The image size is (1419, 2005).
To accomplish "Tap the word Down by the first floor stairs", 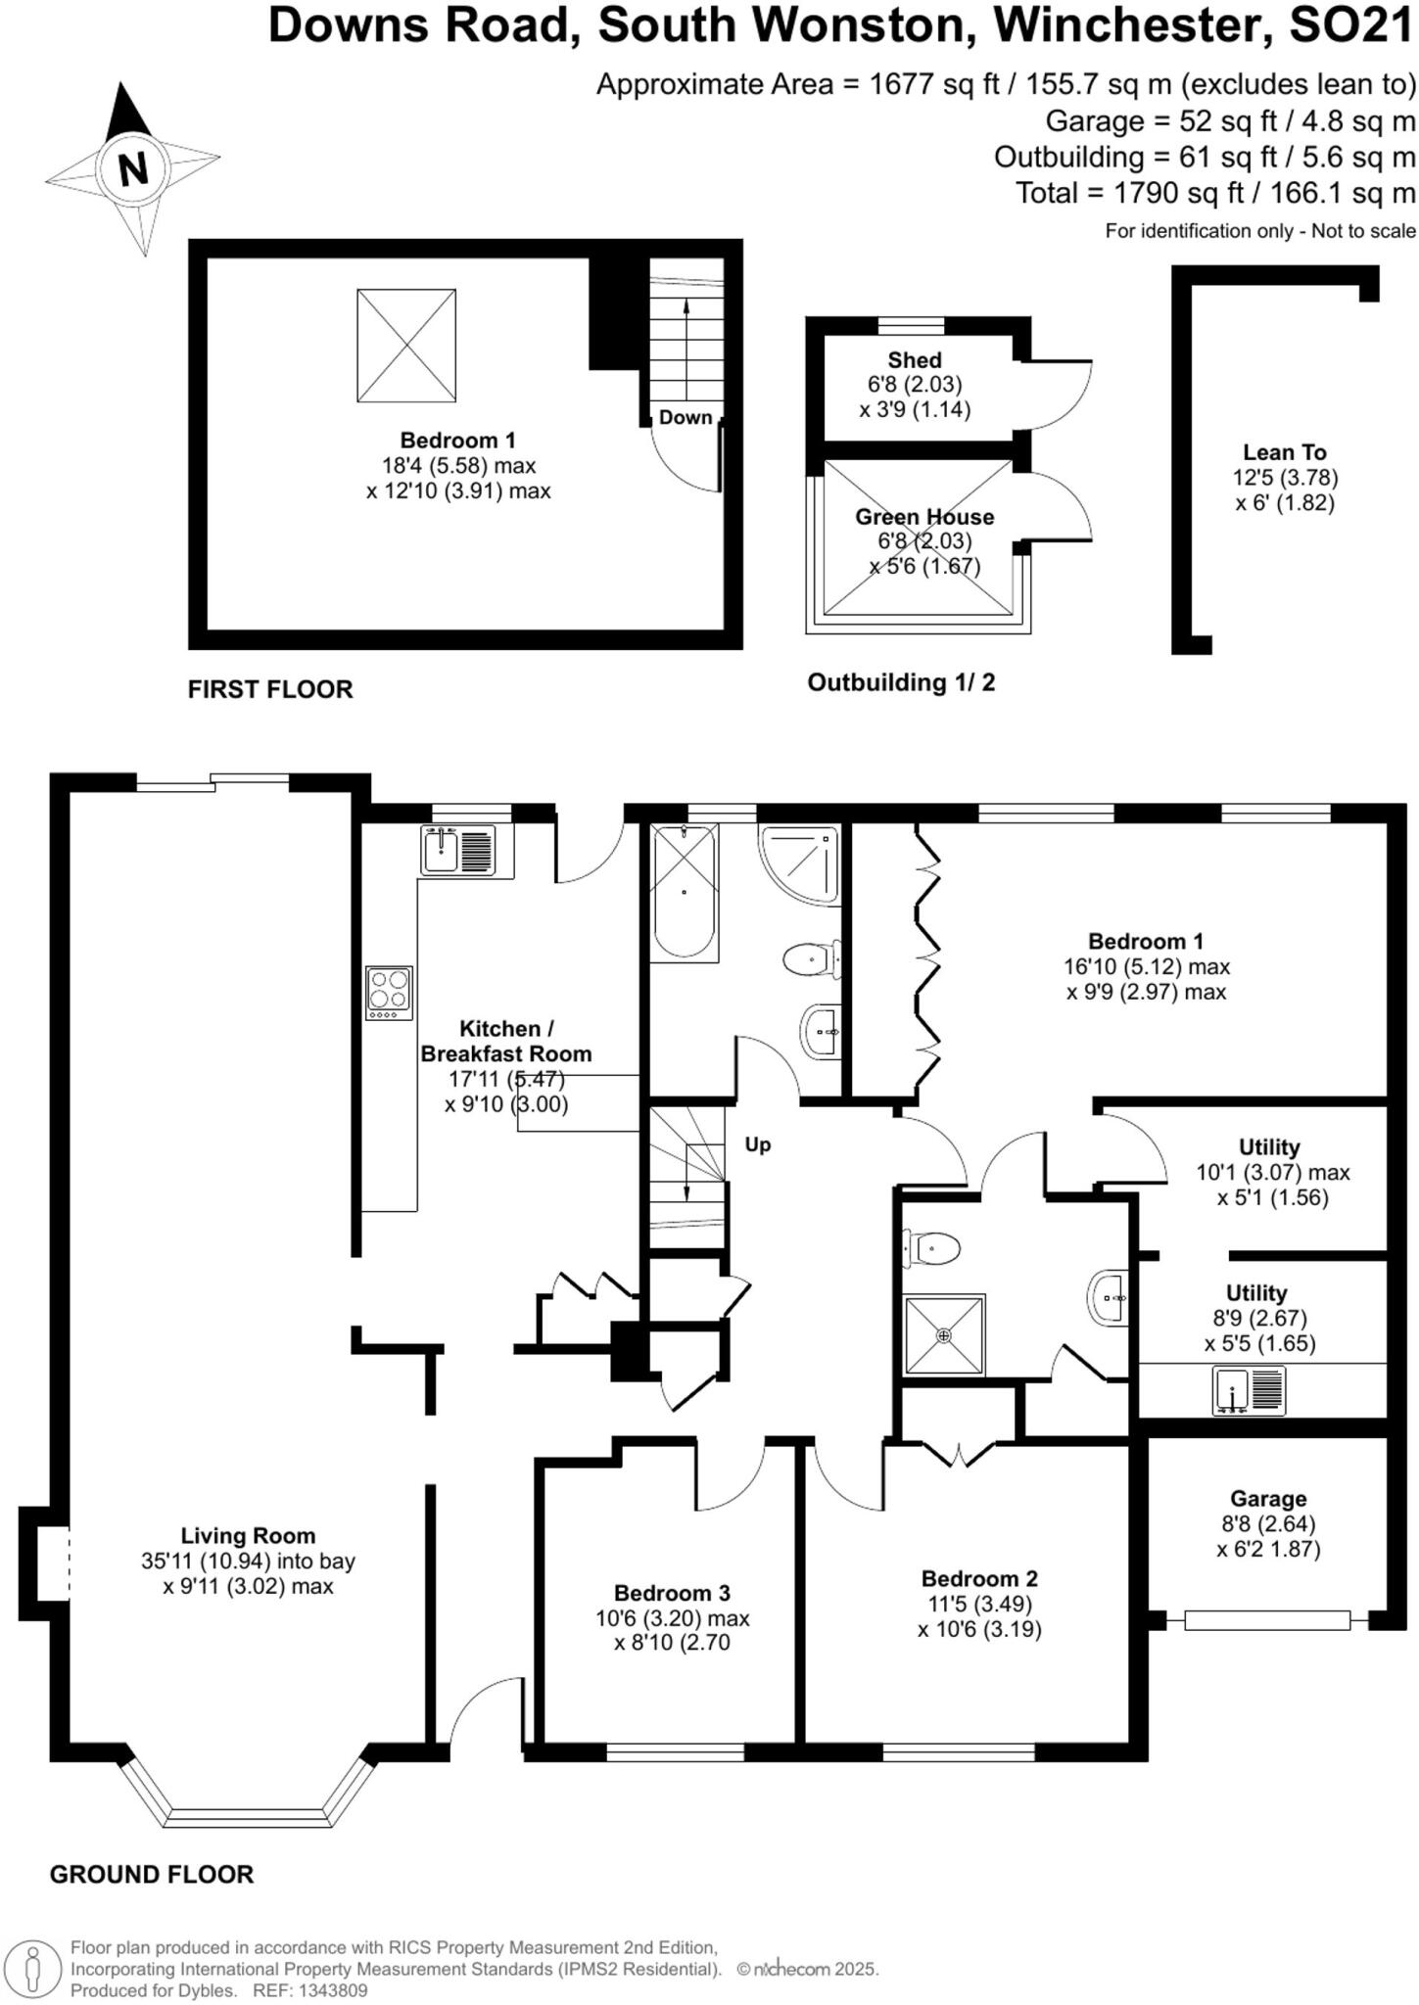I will [685, 418].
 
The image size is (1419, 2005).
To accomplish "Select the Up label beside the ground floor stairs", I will [757, 1144].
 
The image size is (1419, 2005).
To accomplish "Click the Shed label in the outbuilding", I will [915, 360].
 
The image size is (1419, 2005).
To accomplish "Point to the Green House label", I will [924, 517].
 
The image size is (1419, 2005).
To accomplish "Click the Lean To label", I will [1284, 452].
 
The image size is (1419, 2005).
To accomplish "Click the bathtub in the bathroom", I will [684, 891].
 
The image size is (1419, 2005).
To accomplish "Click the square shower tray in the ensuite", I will [944, 1335].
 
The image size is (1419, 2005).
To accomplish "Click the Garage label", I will [1268, 1498].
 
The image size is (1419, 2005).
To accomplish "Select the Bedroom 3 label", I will [672, 1593].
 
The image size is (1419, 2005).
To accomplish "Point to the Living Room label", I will [248, 1536].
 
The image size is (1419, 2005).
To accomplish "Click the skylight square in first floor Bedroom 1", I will [405, 345].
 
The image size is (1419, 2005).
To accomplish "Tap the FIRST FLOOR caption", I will [270, 689].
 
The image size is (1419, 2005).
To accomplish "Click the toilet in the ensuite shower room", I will [931, 1248].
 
